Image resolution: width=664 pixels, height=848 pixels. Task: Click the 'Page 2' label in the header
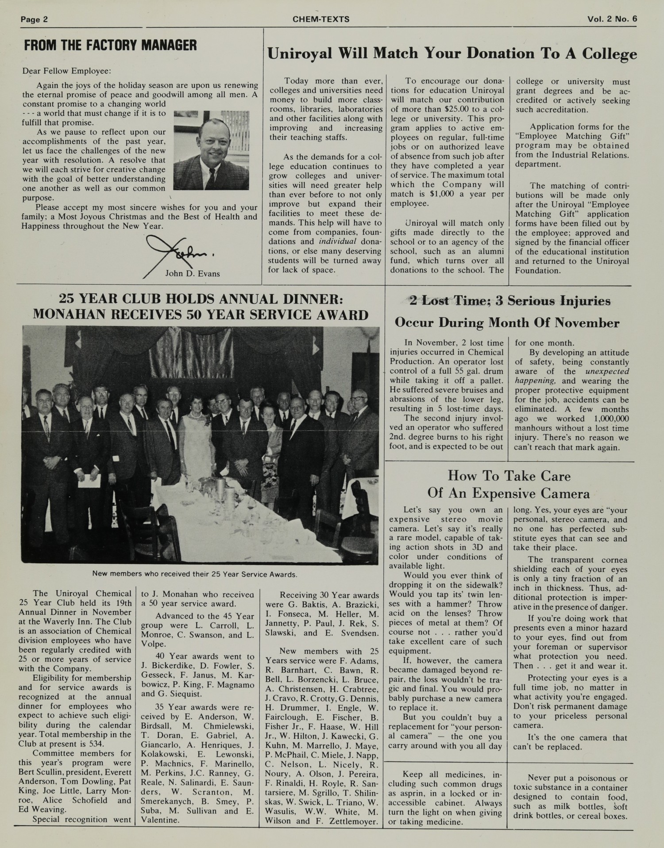pyautogui.click(x=34, y=19)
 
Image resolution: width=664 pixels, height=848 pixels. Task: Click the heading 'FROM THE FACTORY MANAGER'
pyautogui.click(x=110, y=45)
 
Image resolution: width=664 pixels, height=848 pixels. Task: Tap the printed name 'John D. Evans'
pyautogui.click(x=193, y=273)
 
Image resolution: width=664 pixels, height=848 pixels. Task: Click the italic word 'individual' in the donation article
pyautogui.click(x=338, y=242)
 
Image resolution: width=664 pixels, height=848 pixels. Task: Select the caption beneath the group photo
pyautogui.click(x=194, y=574)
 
